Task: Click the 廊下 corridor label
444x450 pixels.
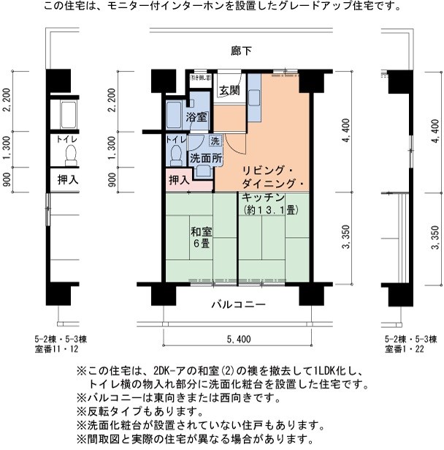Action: pos(242,50)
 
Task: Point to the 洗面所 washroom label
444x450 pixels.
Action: pos(207,158)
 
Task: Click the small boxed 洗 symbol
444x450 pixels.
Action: pos(215,140)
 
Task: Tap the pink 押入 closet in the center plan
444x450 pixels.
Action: pos(179,179)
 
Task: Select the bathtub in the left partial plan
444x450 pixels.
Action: pos(68,114)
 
